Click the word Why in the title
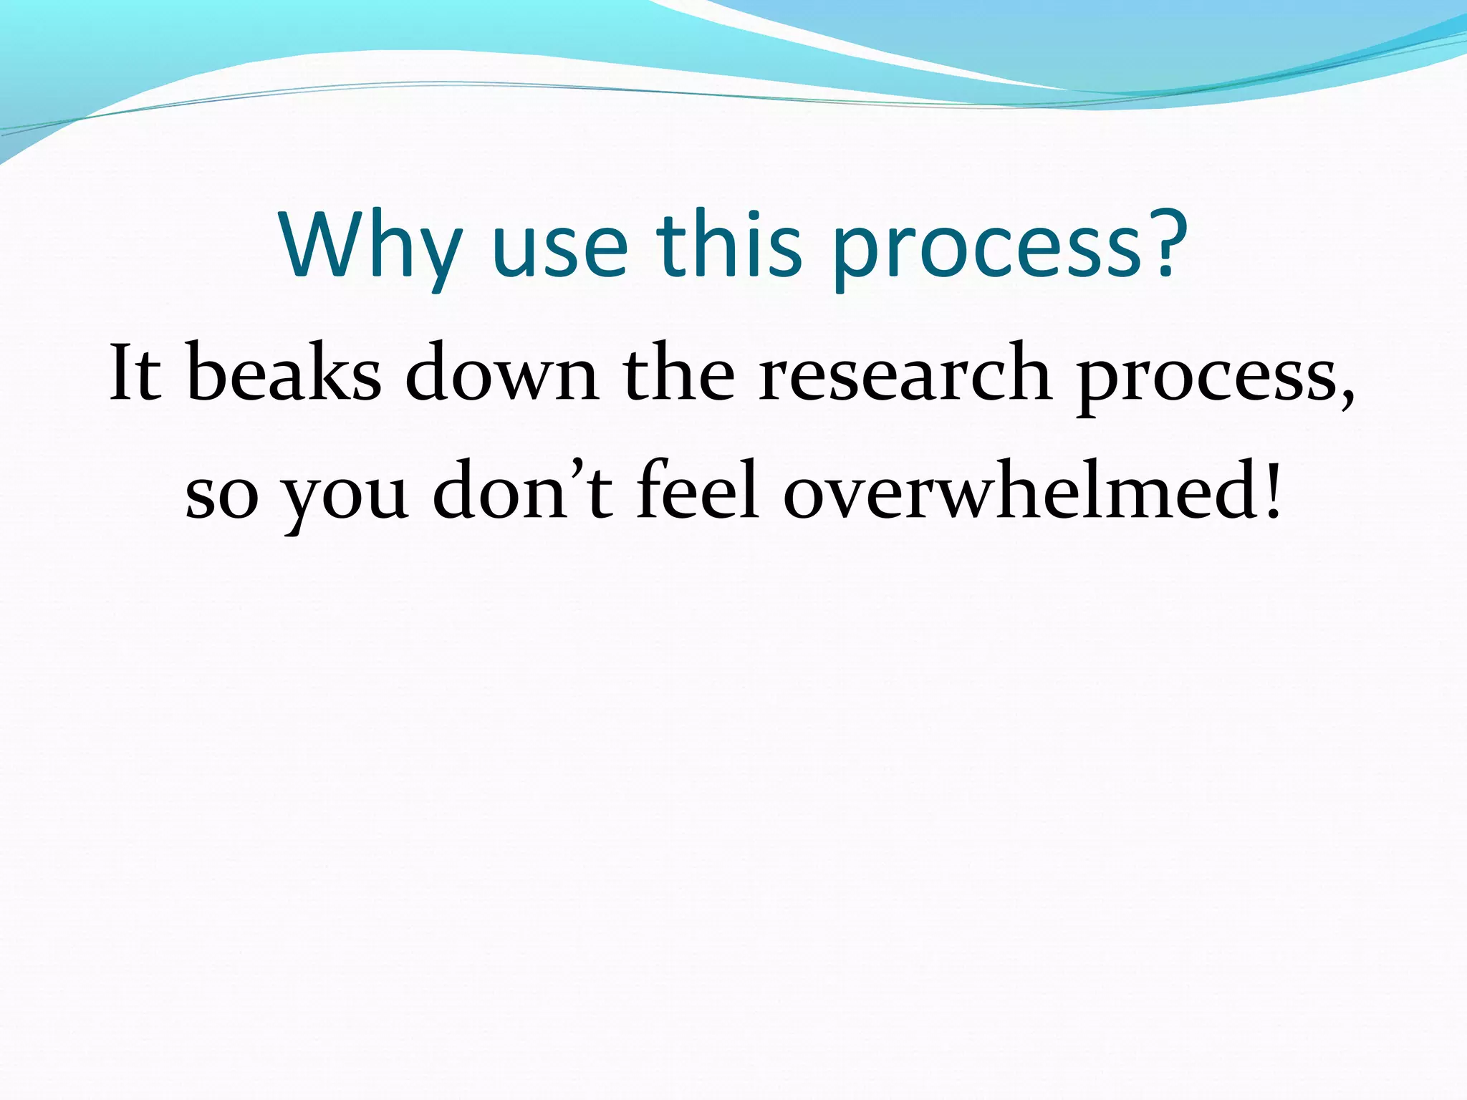tap(369, 247)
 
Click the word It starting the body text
tap(134, 372)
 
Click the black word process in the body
tap(1203, 380)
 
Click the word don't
tap(523, 491)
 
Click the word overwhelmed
tap(1017, 491)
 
